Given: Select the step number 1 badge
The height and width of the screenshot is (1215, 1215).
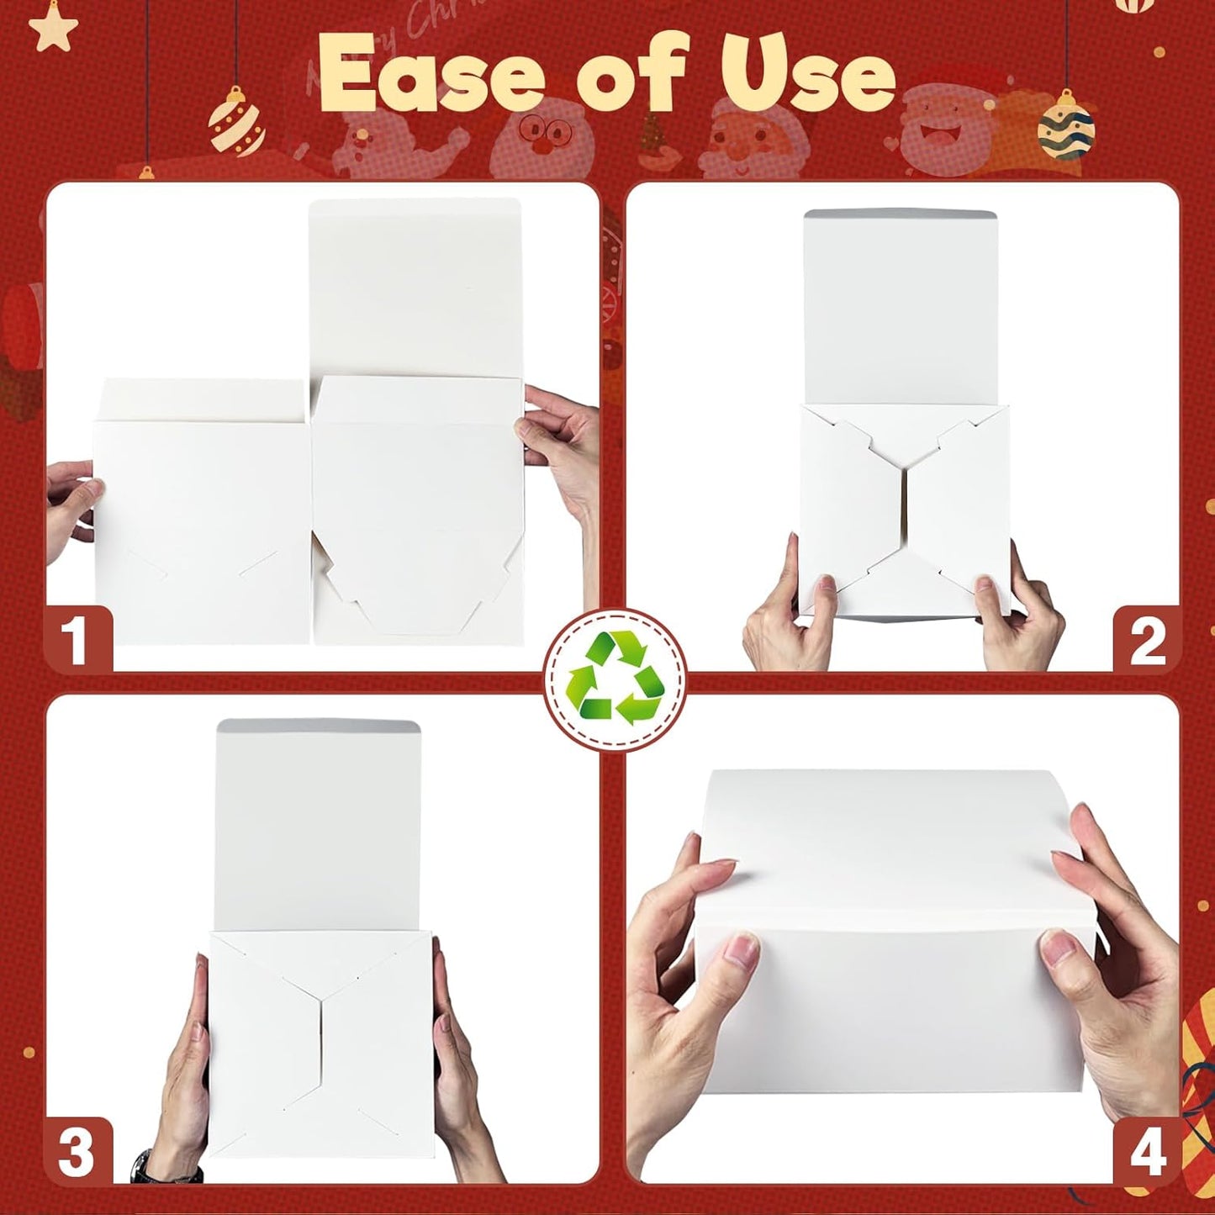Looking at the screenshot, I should tap(77, 640).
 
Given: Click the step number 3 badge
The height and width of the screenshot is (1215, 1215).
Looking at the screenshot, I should tap(77, 1151).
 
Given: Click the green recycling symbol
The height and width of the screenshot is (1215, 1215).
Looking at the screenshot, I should tap(615, 678).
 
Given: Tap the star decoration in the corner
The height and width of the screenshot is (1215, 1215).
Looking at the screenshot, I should tap(53, 27).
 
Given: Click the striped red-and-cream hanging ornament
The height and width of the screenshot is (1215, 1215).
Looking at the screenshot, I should tap(236, 124).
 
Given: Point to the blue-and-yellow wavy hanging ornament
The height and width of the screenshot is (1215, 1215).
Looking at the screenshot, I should tap(1065, 129).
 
